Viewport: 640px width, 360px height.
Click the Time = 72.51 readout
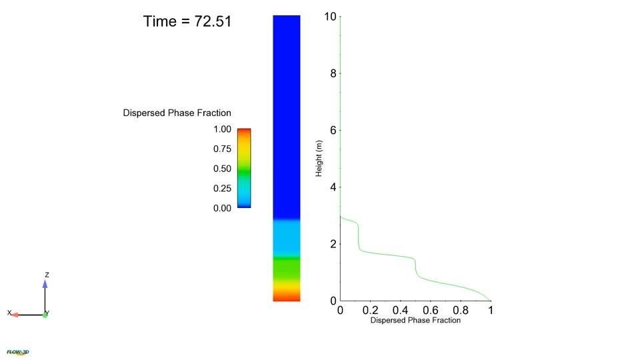187,21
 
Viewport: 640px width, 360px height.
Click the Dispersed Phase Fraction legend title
177,113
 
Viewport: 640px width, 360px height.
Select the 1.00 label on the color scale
222,129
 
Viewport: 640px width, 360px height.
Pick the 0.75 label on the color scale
222,149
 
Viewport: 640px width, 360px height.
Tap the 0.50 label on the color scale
222,169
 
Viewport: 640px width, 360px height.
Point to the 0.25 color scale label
222,189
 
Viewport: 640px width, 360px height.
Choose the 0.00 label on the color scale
222,208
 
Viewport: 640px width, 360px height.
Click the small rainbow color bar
244,168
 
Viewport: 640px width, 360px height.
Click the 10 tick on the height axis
331,16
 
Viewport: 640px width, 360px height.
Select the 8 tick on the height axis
333,73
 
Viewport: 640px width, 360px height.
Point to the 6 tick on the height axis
333,130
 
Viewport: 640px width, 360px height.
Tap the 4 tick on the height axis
333,187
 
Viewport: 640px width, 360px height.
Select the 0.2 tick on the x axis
370,310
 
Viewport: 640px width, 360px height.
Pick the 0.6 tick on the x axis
431,310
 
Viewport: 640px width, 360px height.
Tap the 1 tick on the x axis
491,310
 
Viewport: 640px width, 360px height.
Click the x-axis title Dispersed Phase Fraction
415,320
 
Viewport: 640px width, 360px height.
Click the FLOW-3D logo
18,352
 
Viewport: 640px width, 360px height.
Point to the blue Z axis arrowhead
45,284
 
